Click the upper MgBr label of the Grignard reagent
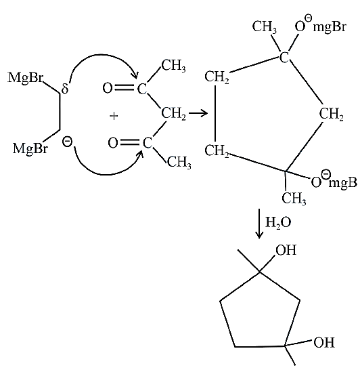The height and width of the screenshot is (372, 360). point(26,78)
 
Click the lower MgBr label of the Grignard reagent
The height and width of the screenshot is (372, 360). point(30,149)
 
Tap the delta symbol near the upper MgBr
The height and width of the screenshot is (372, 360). point(64,88)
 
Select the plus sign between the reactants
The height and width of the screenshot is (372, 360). point(114,116)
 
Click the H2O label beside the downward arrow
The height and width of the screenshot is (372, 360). point(277,222)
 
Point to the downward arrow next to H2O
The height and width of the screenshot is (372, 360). point(259,224)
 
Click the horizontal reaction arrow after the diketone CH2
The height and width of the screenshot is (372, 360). point(198,113)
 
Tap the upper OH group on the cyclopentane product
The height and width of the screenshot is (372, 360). point(286,250)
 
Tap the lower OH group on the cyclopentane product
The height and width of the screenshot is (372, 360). point(323,342)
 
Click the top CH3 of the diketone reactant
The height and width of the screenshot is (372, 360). point(173,65)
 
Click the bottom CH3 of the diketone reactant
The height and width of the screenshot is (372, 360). point(179,162)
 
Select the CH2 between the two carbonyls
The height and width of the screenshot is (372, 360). point(173,113)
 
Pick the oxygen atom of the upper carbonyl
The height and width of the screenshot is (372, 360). point(108,88)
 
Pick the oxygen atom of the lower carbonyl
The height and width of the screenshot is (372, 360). point(113,143)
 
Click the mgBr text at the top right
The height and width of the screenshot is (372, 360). point(330,27)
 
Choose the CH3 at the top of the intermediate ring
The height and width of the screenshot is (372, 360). point(264,26)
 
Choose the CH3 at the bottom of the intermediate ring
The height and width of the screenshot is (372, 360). point(294,198)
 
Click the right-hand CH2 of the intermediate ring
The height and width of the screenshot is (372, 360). point(331,114)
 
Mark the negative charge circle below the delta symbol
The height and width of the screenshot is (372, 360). point(67,142)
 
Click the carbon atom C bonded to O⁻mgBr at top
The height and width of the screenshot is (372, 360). point(284,57)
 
